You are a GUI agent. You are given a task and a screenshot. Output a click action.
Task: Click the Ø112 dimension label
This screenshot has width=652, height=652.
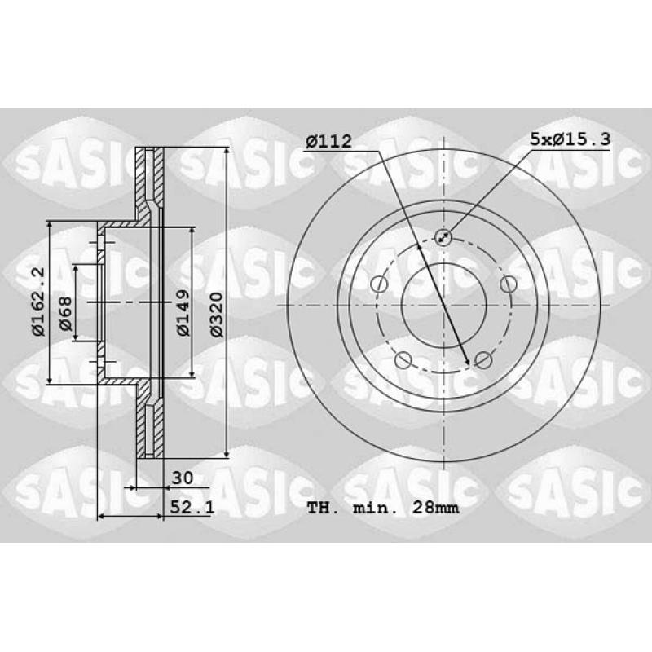pyautogui.click(x=328, y=141)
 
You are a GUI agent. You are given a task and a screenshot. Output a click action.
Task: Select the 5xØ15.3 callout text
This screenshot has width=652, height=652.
pyautogui.click(x=570, y=139)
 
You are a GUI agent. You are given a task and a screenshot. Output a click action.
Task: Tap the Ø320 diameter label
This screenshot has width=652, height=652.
pyautogui.click(x=217, y=315)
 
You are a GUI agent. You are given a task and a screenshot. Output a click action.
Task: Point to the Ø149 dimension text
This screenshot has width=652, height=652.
pyautogui.click(x=183, y=313)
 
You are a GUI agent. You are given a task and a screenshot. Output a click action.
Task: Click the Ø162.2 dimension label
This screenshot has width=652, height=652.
pyautogui.click(x=38, y=302)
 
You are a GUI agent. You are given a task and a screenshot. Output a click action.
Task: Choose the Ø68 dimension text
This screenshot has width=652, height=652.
pyautogui.click(x=65, y=314)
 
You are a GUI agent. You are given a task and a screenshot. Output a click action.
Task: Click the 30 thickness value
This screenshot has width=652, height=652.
pyautogui.click(x=182, y=478)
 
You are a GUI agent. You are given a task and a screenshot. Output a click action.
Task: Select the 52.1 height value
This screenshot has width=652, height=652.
pyautogui.click(x=192, y=507)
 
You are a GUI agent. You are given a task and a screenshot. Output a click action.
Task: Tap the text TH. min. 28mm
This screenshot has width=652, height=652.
pyautogui.click(x=383, y=508)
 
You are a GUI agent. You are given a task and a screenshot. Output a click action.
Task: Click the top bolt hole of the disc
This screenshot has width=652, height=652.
pyautogui.click(x=443, y=237)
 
